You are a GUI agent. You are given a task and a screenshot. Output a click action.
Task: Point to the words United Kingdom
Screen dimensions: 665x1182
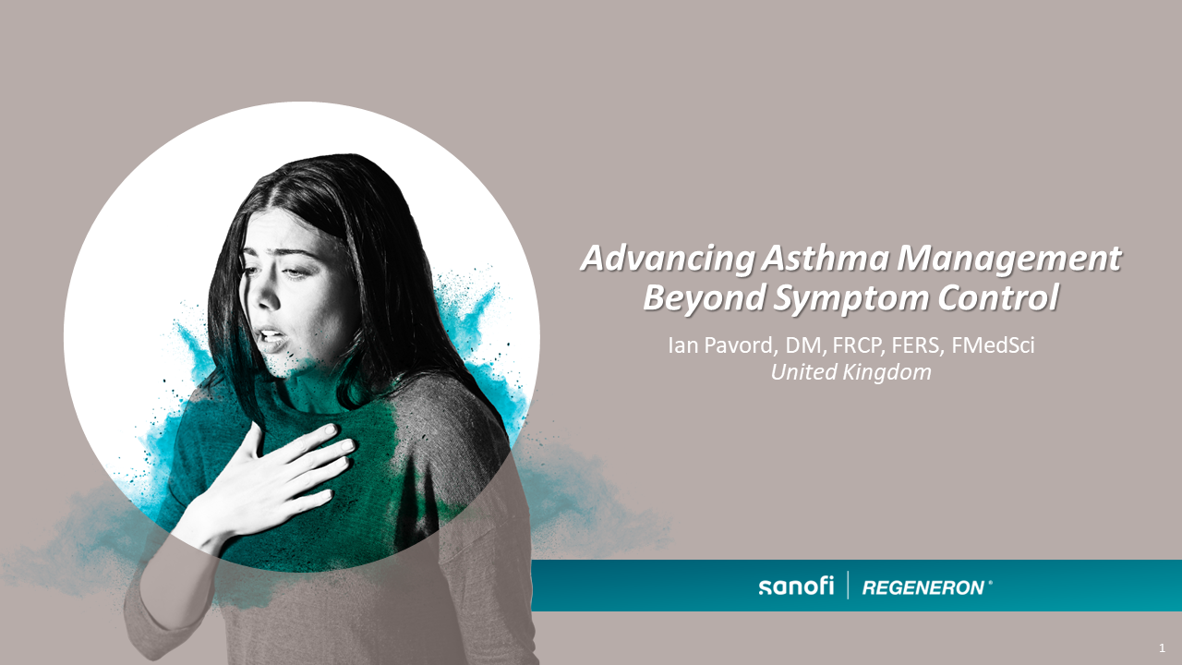click(x=850, y=372)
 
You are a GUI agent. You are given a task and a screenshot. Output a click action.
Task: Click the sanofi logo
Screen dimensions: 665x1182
click(x=795, y=586)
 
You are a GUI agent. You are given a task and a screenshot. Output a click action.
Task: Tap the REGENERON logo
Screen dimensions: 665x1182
click(x=923, y=587)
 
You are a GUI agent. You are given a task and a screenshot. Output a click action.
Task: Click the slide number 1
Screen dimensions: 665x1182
click(x=1162, y=648)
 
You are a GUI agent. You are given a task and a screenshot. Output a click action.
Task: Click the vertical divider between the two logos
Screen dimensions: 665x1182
click(x=848, y=586)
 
